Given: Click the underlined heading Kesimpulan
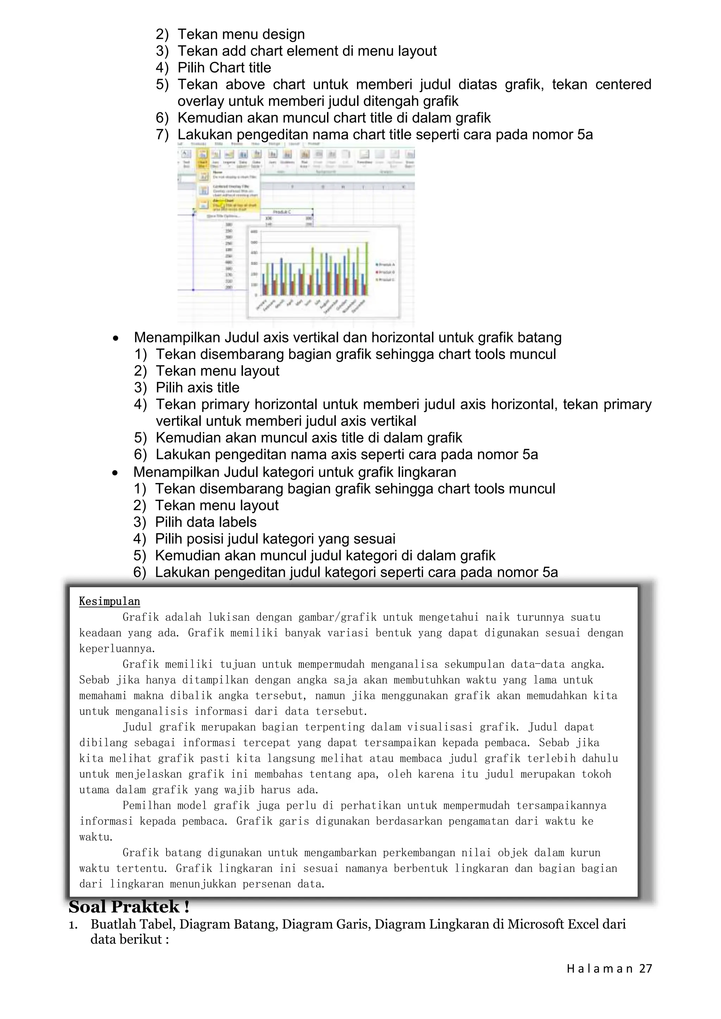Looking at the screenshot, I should pyautogui.click(x=109, y=601).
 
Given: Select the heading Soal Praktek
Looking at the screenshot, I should pyautogui.click(x=129, y=907).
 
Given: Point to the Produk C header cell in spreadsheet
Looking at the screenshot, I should pyautogui.click(x=282, y=212).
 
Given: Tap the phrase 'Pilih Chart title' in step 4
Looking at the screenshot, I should pyautogui.click(x=224, y=68).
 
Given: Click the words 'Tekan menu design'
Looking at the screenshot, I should pyautogui.click(x=241, y=34).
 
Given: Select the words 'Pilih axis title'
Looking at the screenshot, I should pyautogui.click(x=198, y=388).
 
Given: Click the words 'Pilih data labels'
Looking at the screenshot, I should pyautogui.click(x=206, y=523).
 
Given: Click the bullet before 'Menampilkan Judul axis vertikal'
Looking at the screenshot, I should pyautogui.click(x=115, y=338).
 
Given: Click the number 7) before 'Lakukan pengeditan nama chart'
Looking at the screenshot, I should pyautogui.click(x=163, y=135).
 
